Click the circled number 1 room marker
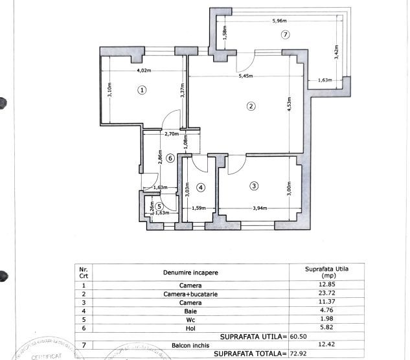[142, 90]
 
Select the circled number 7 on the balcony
[285, 34]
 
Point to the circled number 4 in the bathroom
[201, 188]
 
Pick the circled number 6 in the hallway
[170, 157]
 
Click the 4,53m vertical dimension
[289, 104]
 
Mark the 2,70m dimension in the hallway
[172, 134]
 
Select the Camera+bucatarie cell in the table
[191, 293]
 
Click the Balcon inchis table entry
[191, 344]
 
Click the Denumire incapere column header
[191, 272]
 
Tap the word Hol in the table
[191, 327]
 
